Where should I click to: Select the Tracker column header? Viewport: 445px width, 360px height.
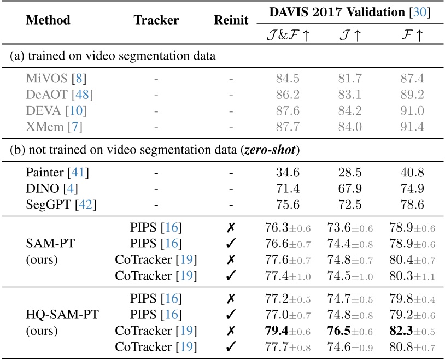pos(156,20)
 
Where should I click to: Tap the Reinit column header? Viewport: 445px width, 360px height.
pos(231,20)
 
